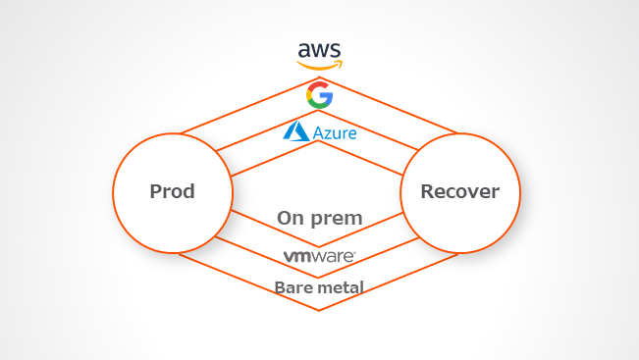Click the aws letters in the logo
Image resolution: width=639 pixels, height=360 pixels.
[x=319, y=50]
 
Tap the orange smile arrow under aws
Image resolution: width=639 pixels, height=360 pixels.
[x=320, y=65]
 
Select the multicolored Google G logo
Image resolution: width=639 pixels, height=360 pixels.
[x=320, y=95]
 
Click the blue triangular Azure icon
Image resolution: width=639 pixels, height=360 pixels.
[x=296, y=131]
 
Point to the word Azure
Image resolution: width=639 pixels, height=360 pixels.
[x=335, y=133]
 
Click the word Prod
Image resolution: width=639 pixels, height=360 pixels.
[x=173, y=191]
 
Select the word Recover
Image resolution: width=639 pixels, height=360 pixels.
[x=460, y=191]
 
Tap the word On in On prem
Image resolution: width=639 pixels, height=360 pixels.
[x=291, y=218]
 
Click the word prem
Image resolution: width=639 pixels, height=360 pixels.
[x=337, y=220]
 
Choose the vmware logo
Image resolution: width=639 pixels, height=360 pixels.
[x=320, y=257]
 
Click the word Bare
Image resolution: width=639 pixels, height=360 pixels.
[x=293, y=288]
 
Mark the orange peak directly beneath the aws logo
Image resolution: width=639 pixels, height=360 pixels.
[x=319, y=77]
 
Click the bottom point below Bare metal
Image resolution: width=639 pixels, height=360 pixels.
[x=319, y=311]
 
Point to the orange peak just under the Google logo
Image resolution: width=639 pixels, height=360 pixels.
[x=318, y=111]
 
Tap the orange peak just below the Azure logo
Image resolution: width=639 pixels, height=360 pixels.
[x=318, y=141]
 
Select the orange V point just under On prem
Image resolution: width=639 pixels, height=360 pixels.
[x=318, y=247]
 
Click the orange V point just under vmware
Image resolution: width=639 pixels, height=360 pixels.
[x=318, y=278]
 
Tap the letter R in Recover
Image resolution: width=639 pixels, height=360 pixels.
[x=428, y=191]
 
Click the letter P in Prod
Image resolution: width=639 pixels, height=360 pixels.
[x=156, y=191]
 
